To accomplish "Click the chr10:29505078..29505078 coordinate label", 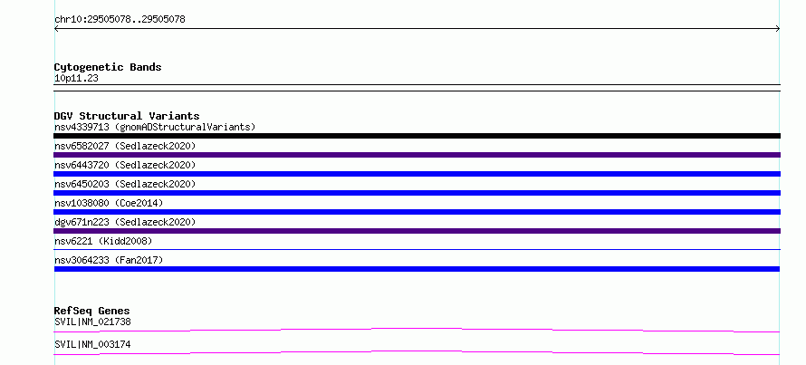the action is pyautogui.click(x=120, y=20).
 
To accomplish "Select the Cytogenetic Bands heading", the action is pyautogui.click(x=108, y=67).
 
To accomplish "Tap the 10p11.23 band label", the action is pyautogui.click(x=76, y=79).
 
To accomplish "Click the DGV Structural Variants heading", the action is pyautogui.click(x=127, y=116).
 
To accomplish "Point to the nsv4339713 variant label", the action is pyautogui.click(x=155, y=127).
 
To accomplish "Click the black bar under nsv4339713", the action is pyautogui.click(x=417, y=136).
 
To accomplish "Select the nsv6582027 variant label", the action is pyautogui.click(x=125, y=146).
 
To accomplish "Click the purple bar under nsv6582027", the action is pyautogui.click(x=417, y=155).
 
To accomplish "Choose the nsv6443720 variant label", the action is pyautogui.click(x=125, y=165).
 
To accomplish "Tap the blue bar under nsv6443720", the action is pyautogui.click(x=417, y=174).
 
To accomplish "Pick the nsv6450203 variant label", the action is pyautogui.click(x=125, y=184).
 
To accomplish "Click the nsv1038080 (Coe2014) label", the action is pyautogui.click(x=109, y=203).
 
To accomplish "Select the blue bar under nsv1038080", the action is pyautogui.click(x=417, y=212).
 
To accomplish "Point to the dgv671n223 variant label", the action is pyautogui.click(x=125, y=222).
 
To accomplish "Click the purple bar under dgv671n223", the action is pyautogui.click(x=417, y=231).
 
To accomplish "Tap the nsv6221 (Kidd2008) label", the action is pyautogui.click(x=103, y=241).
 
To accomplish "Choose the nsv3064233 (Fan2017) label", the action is pyautogui.click(x=109, y=260).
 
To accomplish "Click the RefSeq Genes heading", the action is pyautogui.click(x=92, y=311).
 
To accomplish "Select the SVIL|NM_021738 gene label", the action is pyautogui.click(x=92, y=322).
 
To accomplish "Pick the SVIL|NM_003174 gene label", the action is pyautogui.click(x=92, y=344).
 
